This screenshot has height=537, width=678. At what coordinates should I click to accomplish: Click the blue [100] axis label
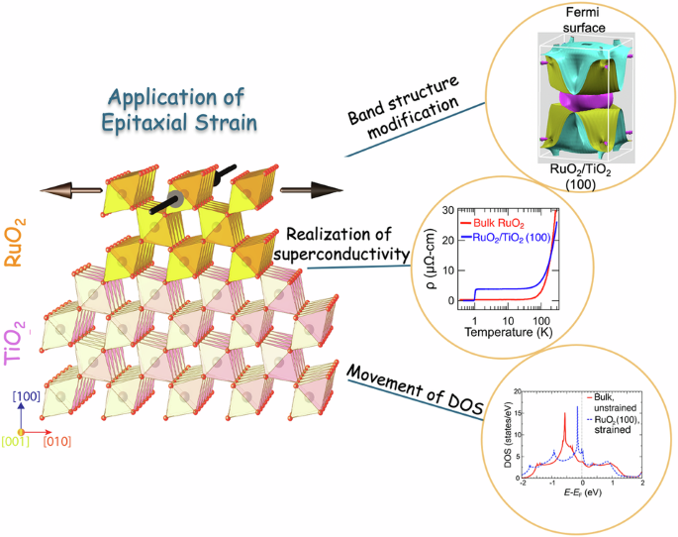click(x=28, y=395)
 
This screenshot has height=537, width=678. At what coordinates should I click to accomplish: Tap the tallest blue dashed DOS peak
click(x=577, y=409)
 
